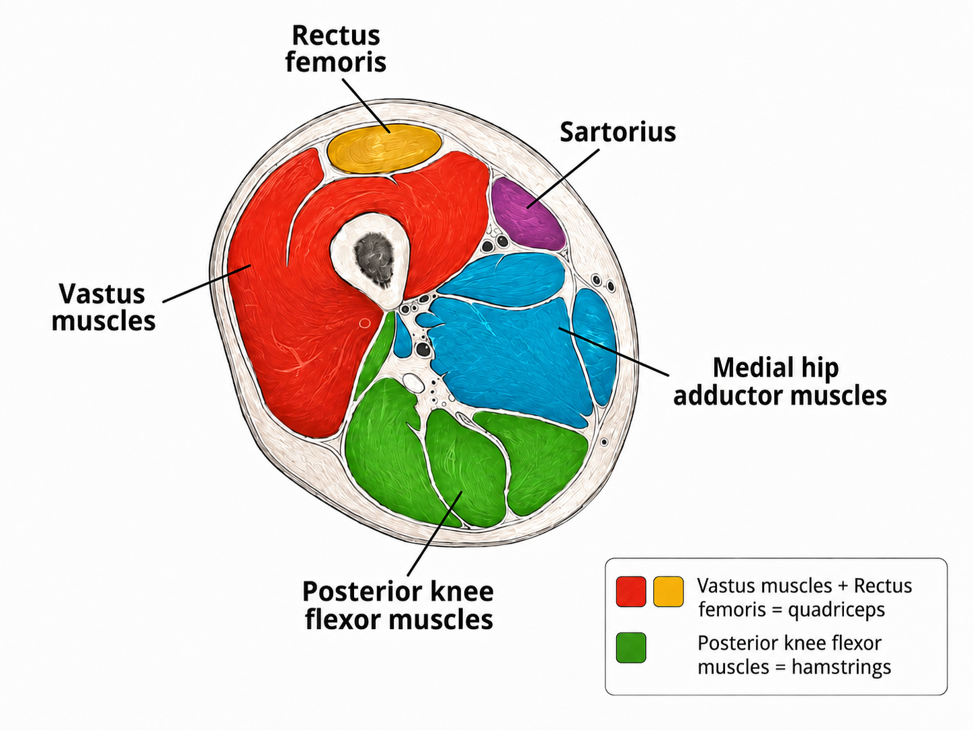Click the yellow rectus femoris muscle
(x=384, y=149)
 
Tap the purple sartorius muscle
(x=527, y=214)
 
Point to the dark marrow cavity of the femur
(x=374, y=259)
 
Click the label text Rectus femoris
(x=335, y=48)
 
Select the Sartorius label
(x=618, y=132)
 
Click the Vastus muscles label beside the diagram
(x=103, y=307)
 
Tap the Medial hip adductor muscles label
(x=780, y=381)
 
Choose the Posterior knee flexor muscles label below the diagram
(x=398, y=605)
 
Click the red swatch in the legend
(x=631, y=592)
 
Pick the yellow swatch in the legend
(x=669, y=592)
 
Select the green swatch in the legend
(x=631, y=647)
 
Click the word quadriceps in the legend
(x=837, y=610)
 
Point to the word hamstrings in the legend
(x=841, y=667)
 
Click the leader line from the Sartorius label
(x=563, y=179)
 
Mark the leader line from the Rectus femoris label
(x=366, y=106)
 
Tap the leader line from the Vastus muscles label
(x=207, y=284)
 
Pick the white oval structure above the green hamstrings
(x=413, y=382)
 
